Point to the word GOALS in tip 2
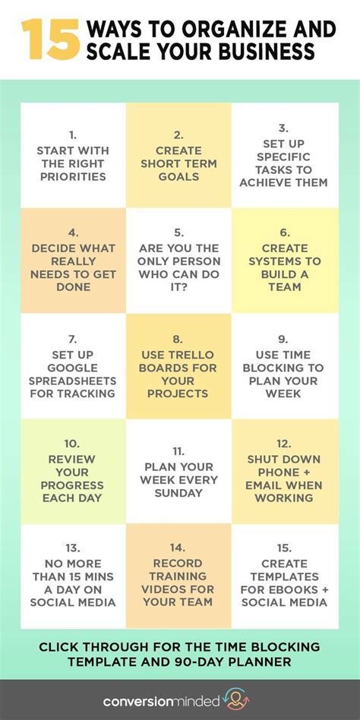tap(179, 177)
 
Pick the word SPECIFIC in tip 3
tap(284, 156)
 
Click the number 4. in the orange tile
tap(73, 232)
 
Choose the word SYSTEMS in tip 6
tap(284, 261)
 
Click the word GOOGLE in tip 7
tap(73, 367)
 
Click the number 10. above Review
tap(72, 444)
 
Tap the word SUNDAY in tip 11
tap(179, 493)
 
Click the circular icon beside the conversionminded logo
tap(238, 699)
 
